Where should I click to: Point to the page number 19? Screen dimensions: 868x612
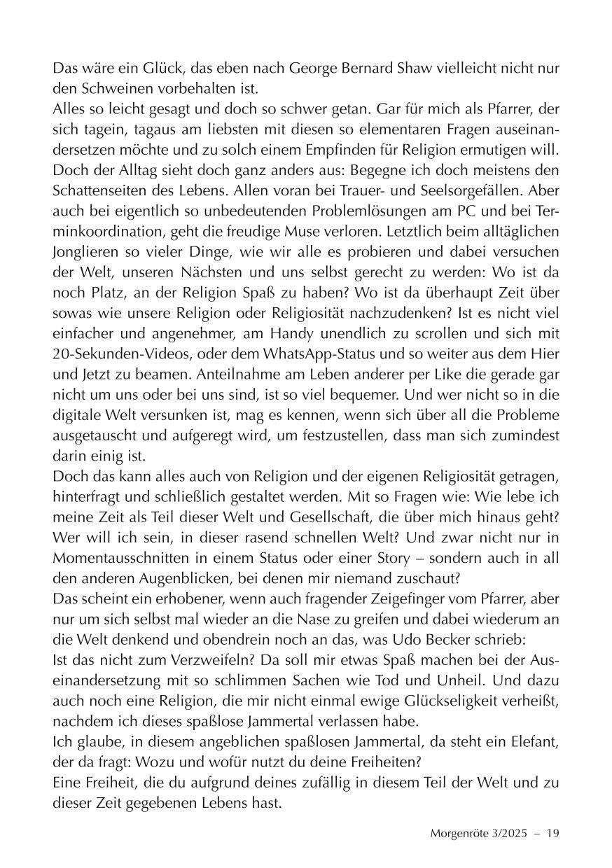point(552,834)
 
